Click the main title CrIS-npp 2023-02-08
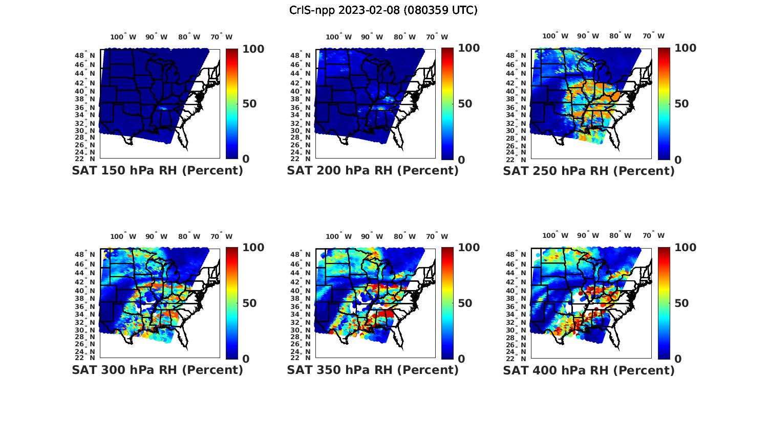pos(383,10)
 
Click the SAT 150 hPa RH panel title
pos(157,171)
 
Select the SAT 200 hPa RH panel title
pos(373,171)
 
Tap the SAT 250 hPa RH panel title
pos(589,171)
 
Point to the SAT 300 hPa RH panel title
pos(157,370)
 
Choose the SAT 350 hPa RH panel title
pos(373,370)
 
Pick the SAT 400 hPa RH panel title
pos(589,370)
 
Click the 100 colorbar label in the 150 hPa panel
pos(253,49)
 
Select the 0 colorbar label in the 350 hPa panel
pos(461,359)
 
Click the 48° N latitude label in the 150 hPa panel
pos(86,55)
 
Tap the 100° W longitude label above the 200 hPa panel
pos(338,37)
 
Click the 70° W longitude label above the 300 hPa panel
pos(221,236)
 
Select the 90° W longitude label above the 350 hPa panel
pos(372,236)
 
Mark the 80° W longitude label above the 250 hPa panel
pos(620,36)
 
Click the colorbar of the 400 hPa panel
pos(664,303)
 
